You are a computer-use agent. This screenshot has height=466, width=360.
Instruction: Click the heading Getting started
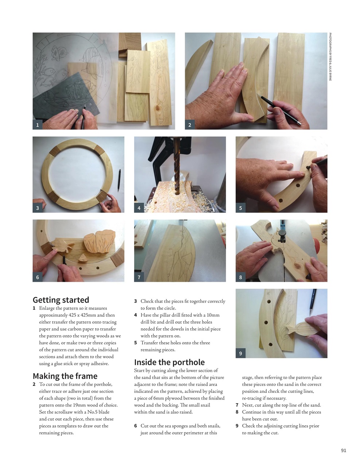click(x=61, y=300)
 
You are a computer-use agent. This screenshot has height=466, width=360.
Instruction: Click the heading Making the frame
click(x=65, y=376)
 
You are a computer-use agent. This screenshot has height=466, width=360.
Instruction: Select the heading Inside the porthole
click(x=169, y=362)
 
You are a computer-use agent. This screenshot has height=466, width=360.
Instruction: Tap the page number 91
click(x=343, y=450)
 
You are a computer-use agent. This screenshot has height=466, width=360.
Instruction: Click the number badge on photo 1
click(x=37, y=125)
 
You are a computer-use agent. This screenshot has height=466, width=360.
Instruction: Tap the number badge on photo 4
click(x=139, y=208)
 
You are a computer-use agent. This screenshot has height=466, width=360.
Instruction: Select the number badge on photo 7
click(x=139, y=277)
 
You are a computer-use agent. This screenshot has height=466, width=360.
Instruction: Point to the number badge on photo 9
click(x=240, y=353)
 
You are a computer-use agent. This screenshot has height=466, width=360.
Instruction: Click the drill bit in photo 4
click(x=177, y=167)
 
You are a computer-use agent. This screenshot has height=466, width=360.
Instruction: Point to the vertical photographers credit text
click(x=330, y=56)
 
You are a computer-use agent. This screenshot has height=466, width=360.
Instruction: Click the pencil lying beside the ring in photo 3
click(x=119, y=180)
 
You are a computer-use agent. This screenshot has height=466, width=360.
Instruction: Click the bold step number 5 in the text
click(x=136, y=343)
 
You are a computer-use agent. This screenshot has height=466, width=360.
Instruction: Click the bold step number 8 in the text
click(x=237, y=412)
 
